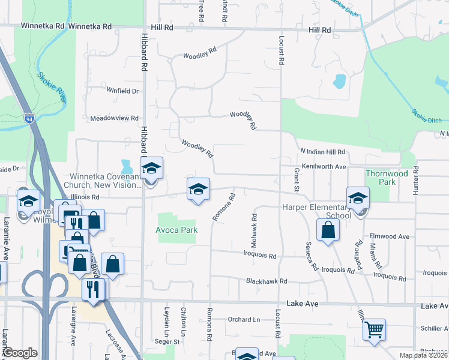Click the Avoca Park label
pyautogui.click(x=176, y=229)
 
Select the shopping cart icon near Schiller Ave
pyautogui.click(x=374, y=329)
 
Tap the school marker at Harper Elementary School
pyautogui.click(x=358, y=198)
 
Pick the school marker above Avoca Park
pyautogui.click(x=198, y=190)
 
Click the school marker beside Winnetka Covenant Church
pyautogui.click(x=151, y=169)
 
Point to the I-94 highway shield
pyautogui.click(x=29, y=119)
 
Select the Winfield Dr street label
pyautogui.click(x=122, y=91)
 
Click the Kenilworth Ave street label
pyautogui.click(x=324, y=166)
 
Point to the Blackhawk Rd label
pyautogui.click(x=267, y=281)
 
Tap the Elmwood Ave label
pyautogui.click(x=390, y=236)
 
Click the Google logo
pyautogui.click(x=19, y=353)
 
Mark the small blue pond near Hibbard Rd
pyautogui.click(x=126, y=165)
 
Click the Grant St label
pyautogui.click(x=296, y=180)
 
